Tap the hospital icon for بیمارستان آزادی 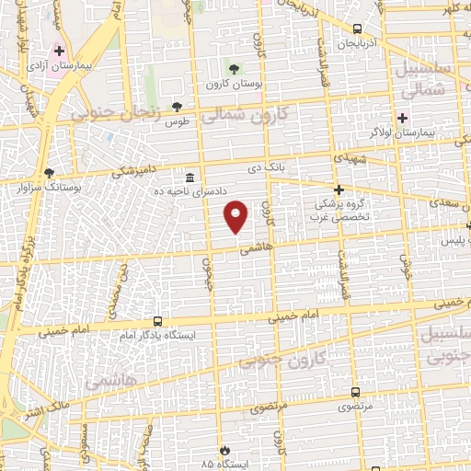pos(61,52)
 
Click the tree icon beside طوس pos(177,107)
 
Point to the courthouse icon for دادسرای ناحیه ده pos(190,177)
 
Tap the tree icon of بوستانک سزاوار pos(49,173)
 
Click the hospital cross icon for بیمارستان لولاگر pos(401,118)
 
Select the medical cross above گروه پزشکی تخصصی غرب pos(339,189)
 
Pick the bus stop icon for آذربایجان pos(358,29)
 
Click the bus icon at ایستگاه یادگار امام pos(158,321)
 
